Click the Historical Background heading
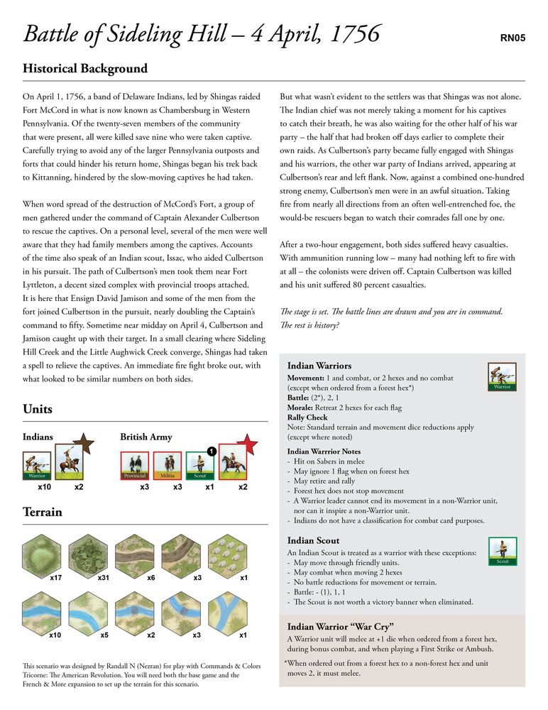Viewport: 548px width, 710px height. (85, 69)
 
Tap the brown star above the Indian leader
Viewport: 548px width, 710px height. (84, 445)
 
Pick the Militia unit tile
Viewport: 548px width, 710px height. (168, 465)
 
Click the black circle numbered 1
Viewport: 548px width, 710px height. (212, 451)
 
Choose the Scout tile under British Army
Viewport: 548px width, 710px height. (200, 465)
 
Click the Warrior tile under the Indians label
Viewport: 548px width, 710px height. (37, 465)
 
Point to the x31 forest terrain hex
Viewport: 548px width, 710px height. (89, 553)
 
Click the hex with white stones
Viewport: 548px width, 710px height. (234, 553)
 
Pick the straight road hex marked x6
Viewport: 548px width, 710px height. (137, 553)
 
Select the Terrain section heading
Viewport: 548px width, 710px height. (43, 512)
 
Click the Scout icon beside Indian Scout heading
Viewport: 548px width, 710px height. (503, 552)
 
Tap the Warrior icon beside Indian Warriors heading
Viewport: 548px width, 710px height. (503, 376)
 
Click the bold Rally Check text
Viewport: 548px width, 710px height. (307, 417)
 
